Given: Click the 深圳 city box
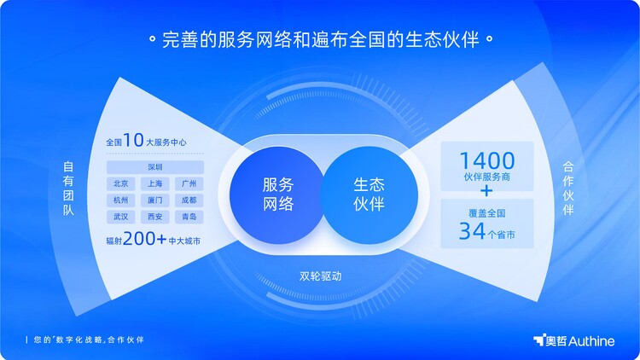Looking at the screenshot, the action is pos(155,167).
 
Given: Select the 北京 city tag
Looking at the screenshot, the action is pos(121,183).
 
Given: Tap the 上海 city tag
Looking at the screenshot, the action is pos(155,183).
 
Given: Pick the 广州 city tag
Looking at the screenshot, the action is pos(189,183).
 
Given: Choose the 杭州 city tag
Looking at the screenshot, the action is pos(121,200).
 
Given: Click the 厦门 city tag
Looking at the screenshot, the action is pos(155,200).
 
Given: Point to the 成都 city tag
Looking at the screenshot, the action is pos(189,200).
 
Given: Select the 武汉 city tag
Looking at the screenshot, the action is pos(121,217).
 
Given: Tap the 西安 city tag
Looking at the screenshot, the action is pos(155,217).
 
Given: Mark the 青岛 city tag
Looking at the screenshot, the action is pos(189,217).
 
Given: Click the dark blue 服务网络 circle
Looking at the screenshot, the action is pos(277,195).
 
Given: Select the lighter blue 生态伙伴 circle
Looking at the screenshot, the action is pos(369,195).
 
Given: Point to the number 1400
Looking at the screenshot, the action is pos(487,161).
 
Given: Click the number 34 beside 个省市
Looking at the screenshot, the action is pos(472,230).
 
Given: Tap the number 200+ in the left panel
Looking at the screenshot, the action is pos(144,238).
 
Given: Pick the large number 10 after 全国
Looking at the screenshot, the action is pos(133,140).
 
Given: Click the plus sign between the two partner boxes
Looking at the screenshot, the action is pos(486,190).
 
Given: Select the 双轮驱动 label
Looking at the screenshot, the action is pos(320,276).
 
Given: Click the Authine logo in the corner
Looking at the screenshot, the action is pos(574,340).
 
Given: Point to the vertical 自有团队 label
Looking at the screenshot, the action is pos(68,189).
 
